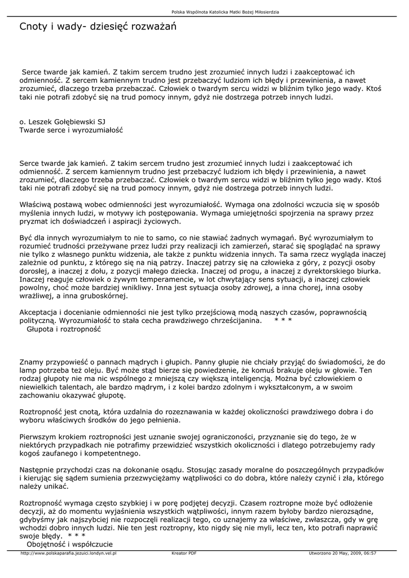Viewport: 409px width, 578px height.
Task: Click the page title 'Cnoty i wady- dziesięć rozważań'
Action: coord(94,27)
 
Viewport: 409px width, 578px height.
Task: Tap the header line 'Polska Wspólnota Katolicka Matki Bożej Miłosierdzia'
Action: coord(225,12)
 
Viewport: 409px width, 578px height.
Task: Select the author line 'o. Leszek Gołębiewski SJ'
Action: coord(62,121)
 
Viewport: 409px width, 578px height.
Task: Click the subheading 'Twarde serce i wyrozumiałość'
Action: coord(71,130)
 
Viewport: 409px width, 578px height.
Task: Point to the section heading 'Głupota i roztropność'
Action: coord(64,329)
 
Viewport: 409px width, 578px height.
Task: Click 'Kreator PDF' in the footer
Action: coord(184,554)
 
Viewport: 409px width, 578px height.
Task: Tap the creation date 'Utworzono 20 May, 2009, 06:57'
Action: coord(342,554)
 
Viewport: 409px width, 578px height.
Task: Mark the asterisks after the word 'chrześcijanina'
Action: coord(283,320)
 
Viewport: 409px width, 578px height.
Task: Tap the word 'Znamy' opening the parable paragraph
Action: coord(31,361)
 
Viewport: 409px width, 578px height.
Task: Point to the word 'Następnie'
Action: coord(38,470)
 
